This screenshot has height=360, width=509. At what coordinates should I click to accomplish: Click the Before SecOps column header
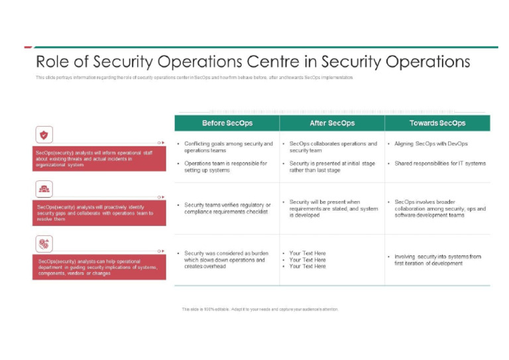pyautogui.click(x=227, y=123)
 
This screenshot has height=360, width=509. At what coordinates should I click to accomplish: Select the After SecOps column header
pyautogui.click(x=332, y=123)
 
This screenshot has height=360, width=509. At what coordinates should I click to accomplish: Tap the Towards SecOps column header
pyautogui.click(x=437, y=123)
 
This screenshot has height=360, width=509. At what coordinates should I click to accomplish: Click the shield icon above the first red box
pyautogui.click(x=44, y=135)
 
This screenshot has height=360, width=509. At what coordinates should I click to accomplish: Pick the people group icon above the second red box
pyautogui.click(x=44, y=190)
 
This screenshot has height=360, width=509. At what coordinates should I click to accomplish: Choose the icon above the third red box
pyautogui.click(x=44, y=244)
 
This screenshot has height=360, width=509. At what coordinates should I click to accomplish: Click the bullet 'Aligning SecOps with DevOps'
pyautogui.click(x=431, y=144)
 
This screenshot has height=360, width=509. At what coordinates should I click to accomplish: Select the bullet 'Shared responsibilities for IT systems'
pyautogui.click(x=439, y=163)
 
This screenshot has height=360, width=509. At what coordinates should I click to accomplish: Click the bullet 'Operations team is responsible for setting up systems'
pyautogui.click(x=225, y=166)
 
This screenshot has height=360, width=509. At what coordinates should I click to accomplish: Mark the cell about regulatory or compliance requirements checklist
pyautogui.click(x=227, y=208)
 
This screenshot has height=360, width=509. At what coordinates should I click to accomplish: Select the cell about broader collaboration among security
pyautogui.click(x=439, y=208)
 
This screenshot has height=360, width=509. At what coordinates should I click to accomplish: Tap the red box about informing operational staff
pyautogui.click(x=99, y=159)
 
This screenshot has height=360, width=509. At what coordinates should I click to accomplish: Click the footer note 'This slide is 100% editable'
pyautogui.click(x=260, y=309)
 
